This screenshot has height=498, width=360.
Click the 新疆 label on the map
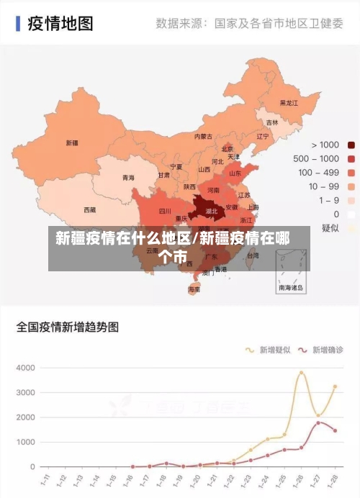click(x=72, y=142)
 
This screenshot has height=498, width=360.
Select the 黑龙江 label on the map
click(x=288, y=103)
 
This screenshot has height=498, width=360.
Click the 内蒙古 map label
click(x=204, y=136)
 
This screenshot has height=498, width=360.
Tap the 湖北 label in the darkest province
click(x=212, y=212)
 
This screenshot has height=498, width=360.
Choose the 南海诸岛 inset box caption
click(x=292, y=287)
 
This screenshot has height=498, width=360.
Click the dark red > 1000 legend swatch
click(x=351, y=145)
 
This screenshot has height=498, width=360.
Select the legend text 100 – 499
click(x=318, y=172)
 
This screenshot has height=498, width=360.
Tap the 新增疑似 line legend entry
click(x=270, y=350)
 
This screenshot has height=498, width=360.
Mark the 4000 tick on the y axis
click(x=25, y=368)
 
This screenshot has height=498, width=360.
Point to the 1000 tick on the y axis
click(x=25, y=442)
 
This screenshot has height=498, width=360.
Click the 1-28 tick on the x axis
click(x=333, y=479)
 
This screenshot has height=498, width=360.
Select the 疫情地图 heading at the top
click(x=60, y=23)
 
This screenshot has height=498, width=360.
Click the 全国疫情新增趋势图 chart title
click(x=68, y=326)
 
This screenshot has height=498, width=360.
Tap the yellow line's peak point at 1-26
click(x=302, y=372)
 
